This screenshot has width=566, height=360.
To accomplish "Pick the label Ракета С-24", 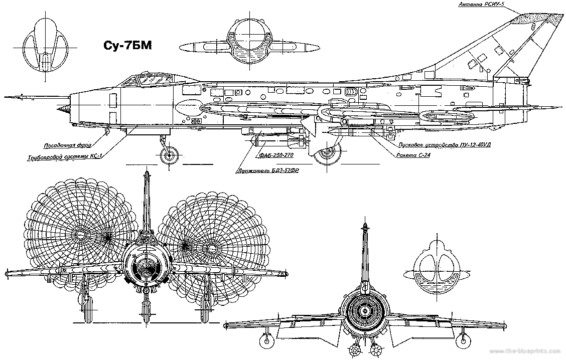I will coord(412,155).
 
